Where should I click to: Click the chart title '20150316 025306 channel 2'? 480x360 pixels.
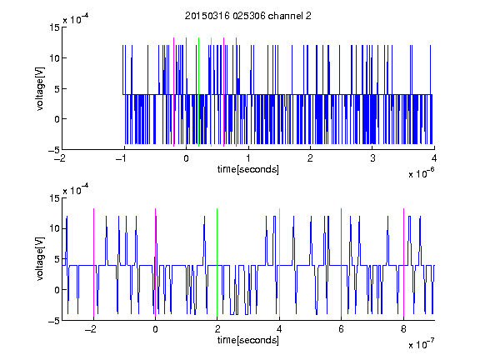point(248,16)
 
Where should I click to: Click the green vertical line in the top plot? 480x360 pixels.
point(198,92)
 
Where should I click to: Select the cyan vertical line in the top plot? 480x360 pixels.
point(211,92)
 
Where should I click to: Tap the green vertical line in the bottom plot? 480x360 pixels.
point(217,262)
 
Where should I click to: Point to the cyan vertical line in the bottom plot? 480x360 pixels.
point(279,262)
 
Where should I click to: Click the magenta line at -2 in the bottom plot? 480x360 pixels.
point(93,262)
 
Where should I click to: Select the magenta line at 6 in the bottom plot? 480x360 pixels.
point(342,262)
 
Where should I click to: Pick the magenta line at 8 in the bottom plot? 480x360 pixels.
point(404,262)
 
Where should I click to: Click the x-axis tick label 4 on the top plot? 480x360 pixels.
point(434,158)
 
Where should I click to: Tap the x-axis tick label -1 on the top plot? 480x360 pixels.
point(121,158)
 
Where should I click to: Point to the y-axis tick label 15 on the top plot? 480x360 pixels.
point(55,27)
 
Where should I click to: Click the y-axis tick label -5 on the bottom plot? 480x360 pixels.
point(54,321)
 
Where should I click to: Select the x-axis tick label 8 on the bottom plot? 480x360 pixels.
point(403,329)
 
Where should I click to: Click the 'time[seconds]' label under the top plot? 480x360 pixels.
point(248,169)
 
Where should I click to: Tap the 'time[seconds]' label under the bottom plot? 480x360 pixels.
point(248,340)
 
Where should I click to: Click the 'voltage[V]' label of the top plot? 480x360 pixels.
point(40,89)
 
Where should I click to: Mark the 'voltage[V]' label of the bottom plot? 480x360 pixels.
point(40,259)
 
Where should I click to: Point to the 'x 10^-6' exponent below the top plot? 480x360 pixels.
point(421,173)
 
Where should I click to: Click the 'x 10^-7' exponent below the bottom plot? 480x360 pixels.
point(421,344)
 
